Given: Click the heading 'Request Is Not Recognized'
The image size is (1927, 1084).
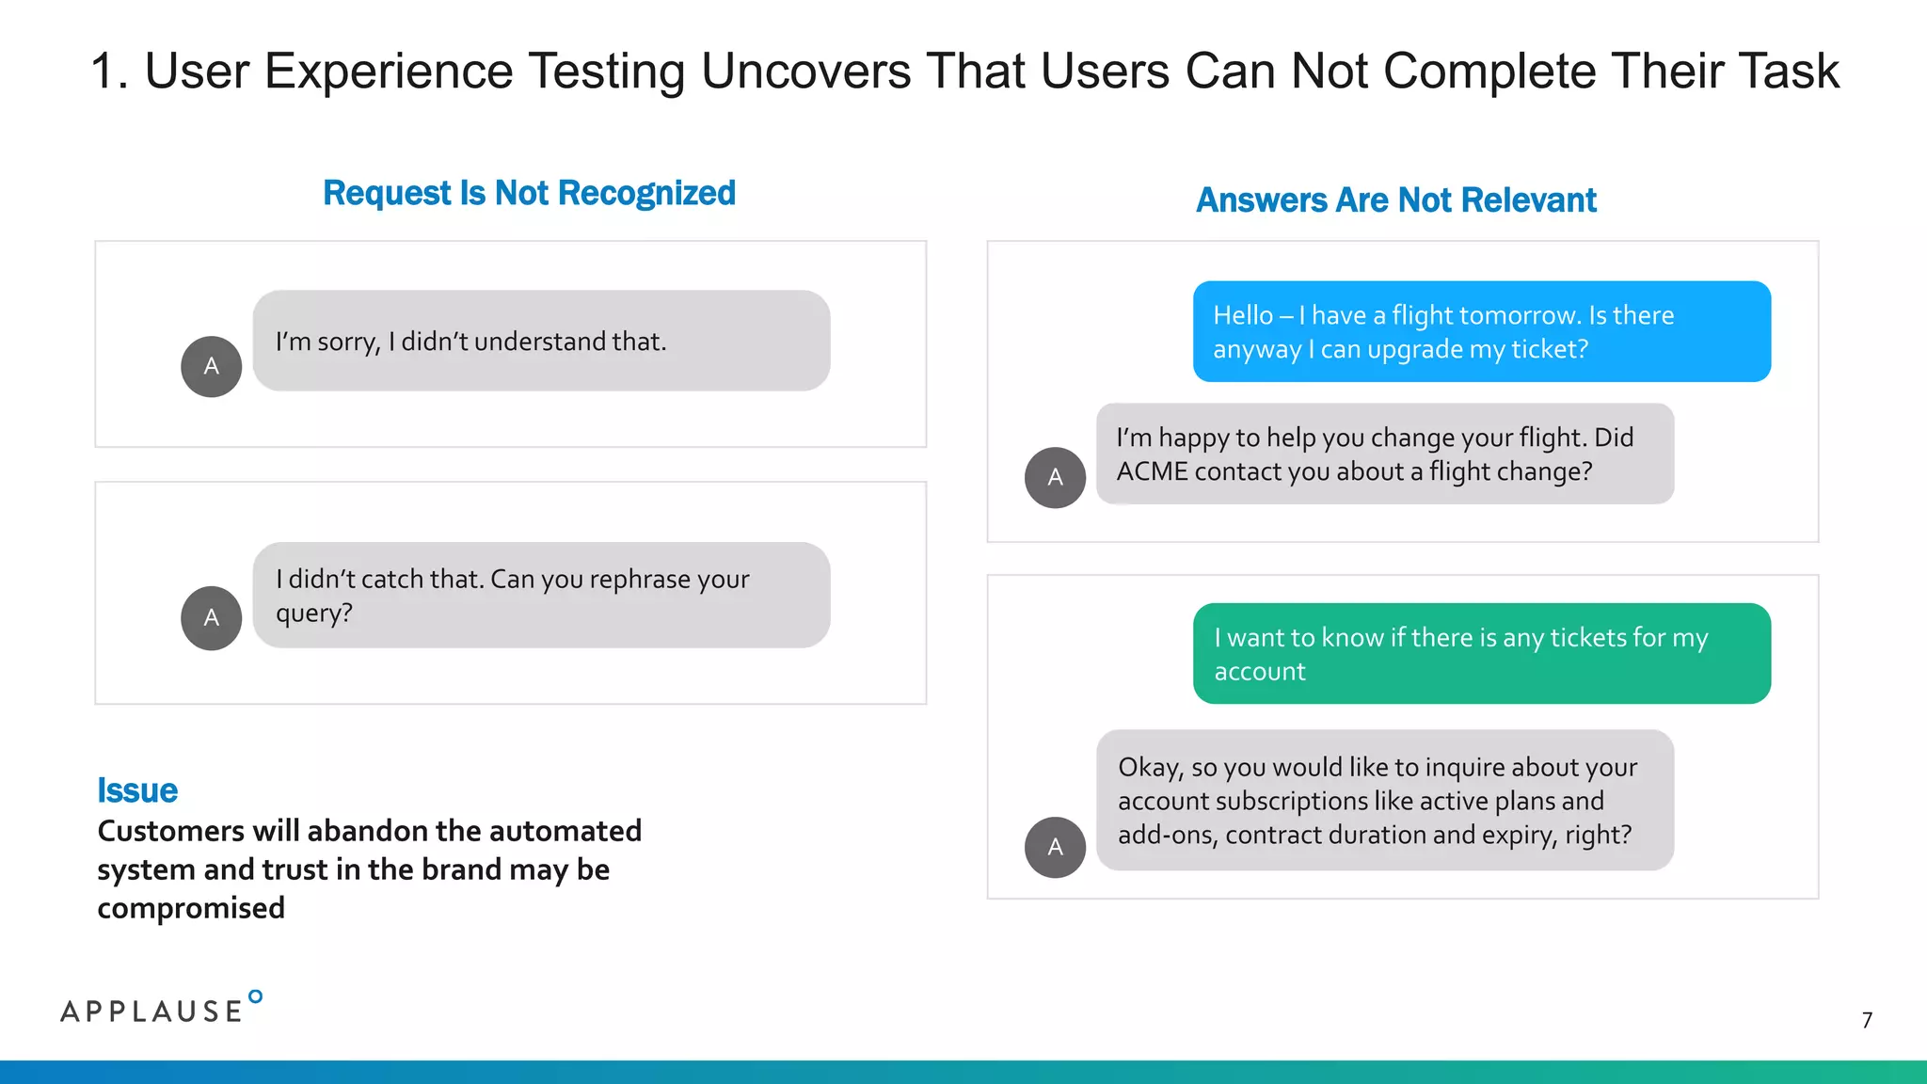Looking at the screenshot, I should click(529, 193).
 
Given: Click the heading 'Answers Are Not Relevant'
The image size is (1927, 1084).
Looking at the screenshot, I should click(1395, 200).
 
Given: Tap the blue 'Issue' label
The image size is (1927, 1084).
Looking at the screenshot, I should click(137, 790).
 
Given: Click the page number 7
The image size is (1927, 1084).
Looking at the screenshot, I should click(1867, 1020).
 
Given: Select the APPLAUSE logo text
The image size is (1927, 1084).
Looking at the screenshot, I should click(151, 1012).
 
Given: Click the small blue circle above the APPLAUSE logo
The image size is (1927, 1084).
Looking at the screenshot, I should click(255, 996).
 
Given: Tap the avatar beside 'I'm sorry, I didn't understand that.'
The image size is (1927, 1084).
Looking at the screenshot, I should click(211, 366).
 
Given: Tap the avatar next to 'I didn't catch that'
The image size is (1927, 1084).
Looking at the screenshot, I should click(211, 617).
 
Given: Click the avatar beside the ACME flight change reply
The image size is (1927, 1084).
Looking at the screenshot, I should click(1055, 477).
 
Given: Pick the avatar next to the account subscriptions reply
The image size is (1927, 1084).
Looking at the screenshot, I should click(1055, 847).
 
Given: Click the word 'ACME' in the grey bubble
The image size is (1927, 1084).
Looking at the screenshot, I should click(1152, 471).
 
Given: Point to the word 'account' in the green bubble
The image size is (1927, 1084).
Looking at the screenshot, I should click(1259, 672).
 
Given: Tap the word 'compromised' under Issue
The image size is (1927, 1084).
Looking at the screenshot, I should click(191, 908).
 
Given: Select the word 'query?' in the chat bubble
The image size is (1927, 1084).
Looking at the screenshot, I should click(313, 614).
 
